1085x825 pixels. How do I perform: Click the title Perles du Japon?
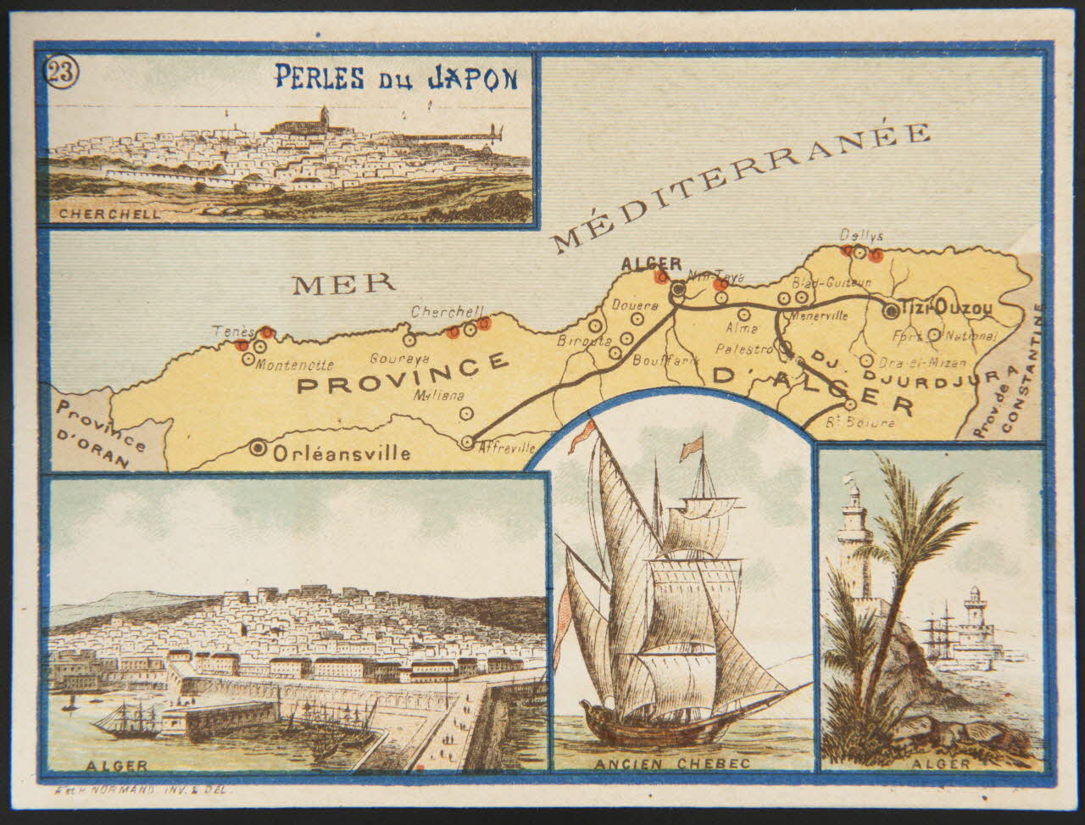click(395, 78)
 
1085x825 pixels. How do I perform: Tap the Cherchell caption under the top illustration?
click(109, 215)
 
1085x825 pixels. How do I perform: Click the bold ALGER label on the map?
click(651, 264)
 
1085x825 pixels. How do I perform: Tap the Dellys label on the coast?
click(855, 236)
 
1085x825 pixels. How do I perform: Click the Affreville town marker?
click(466, 442)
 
